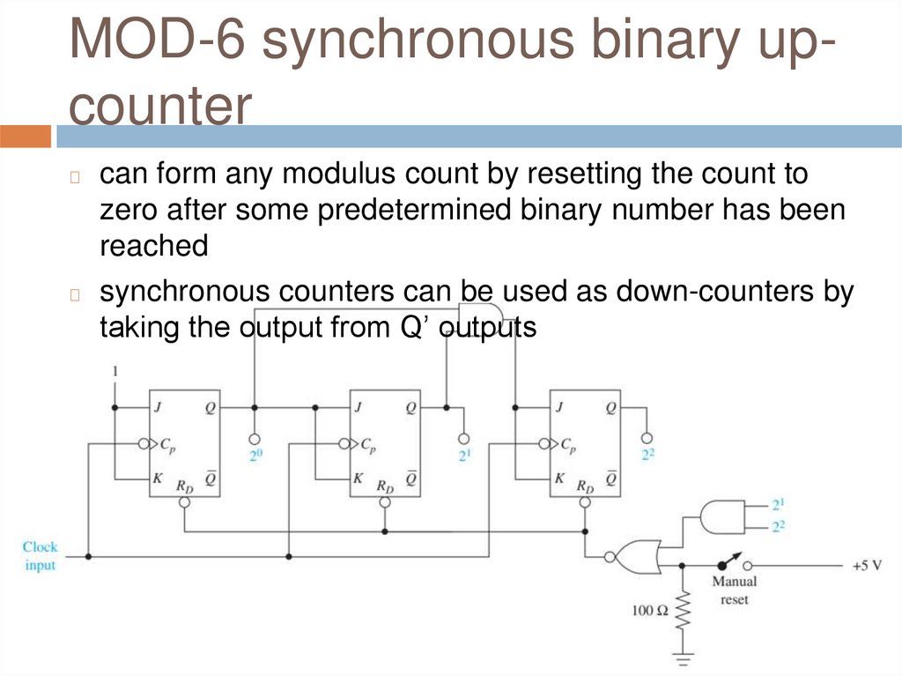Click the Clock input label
coord(40,556)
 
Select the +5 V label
coord(867,565)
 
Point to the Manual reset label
coord(734,591)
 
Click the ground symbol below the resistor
coord(683,657)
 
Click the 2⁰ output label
coord(255,456)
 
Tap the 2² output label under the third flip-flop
coord(647,456)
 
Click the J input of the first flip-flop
coord(157,408)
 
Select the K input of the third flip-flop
coord(558,479)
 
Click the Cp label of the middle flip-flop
coord(368,445)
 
